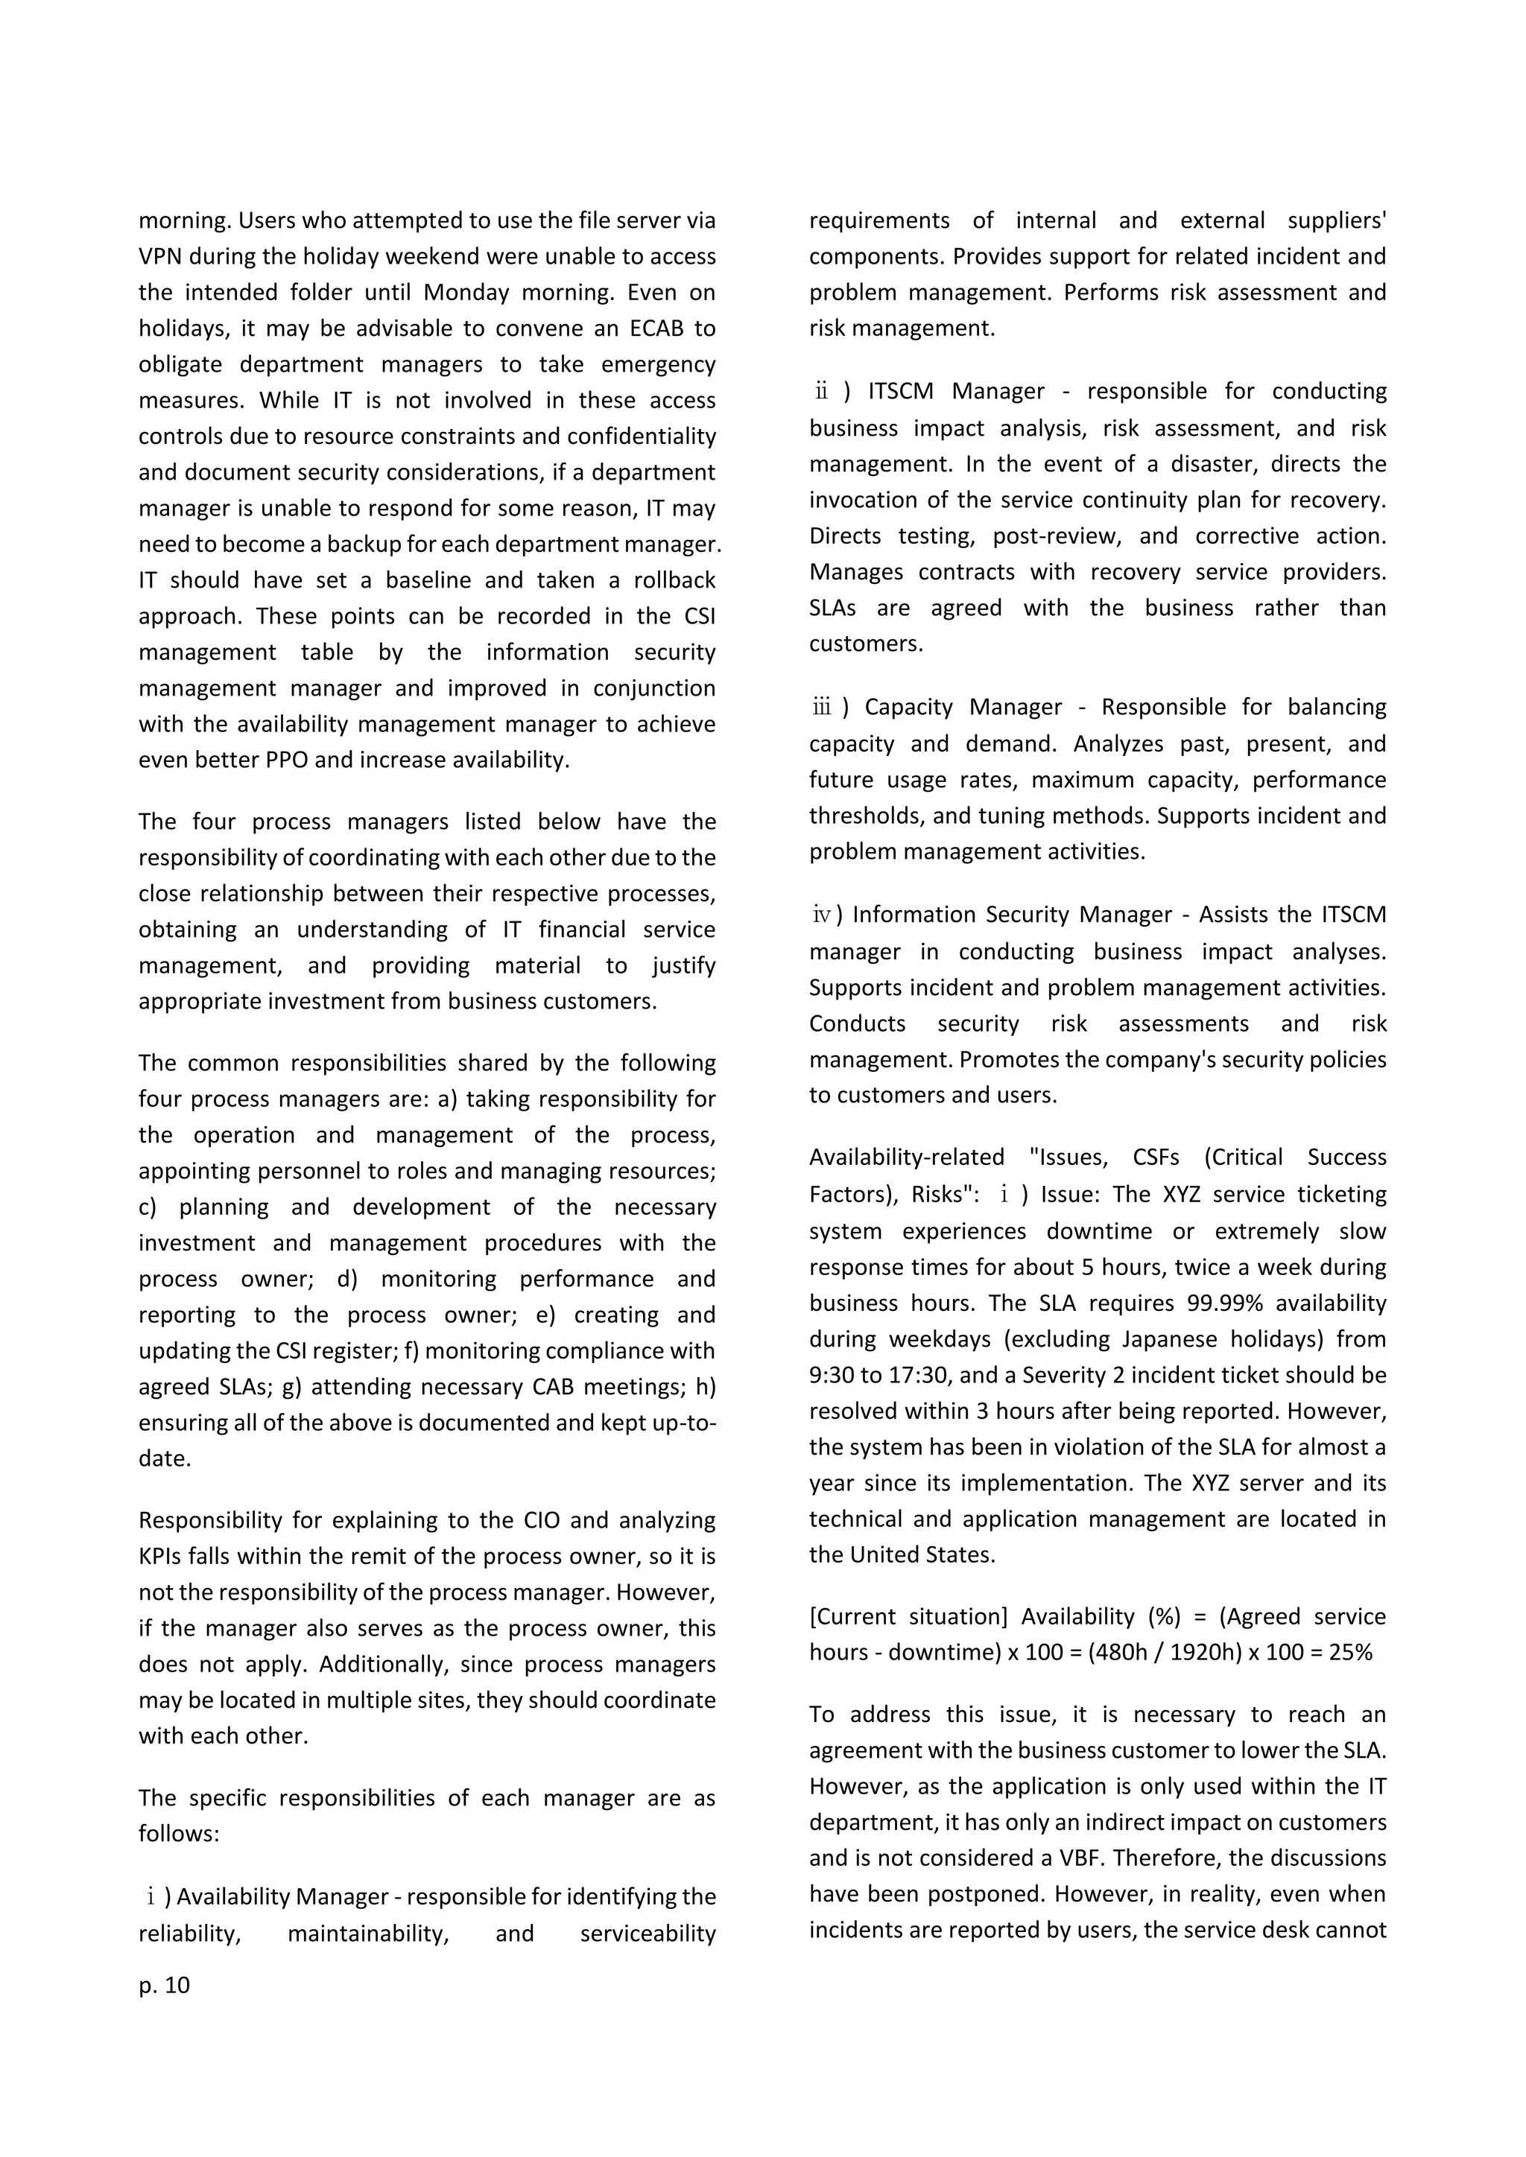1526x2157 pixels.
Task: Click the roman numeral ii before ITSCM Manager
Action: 821,392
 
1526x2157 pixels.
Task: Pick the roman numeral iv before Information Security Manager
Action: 821,915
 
